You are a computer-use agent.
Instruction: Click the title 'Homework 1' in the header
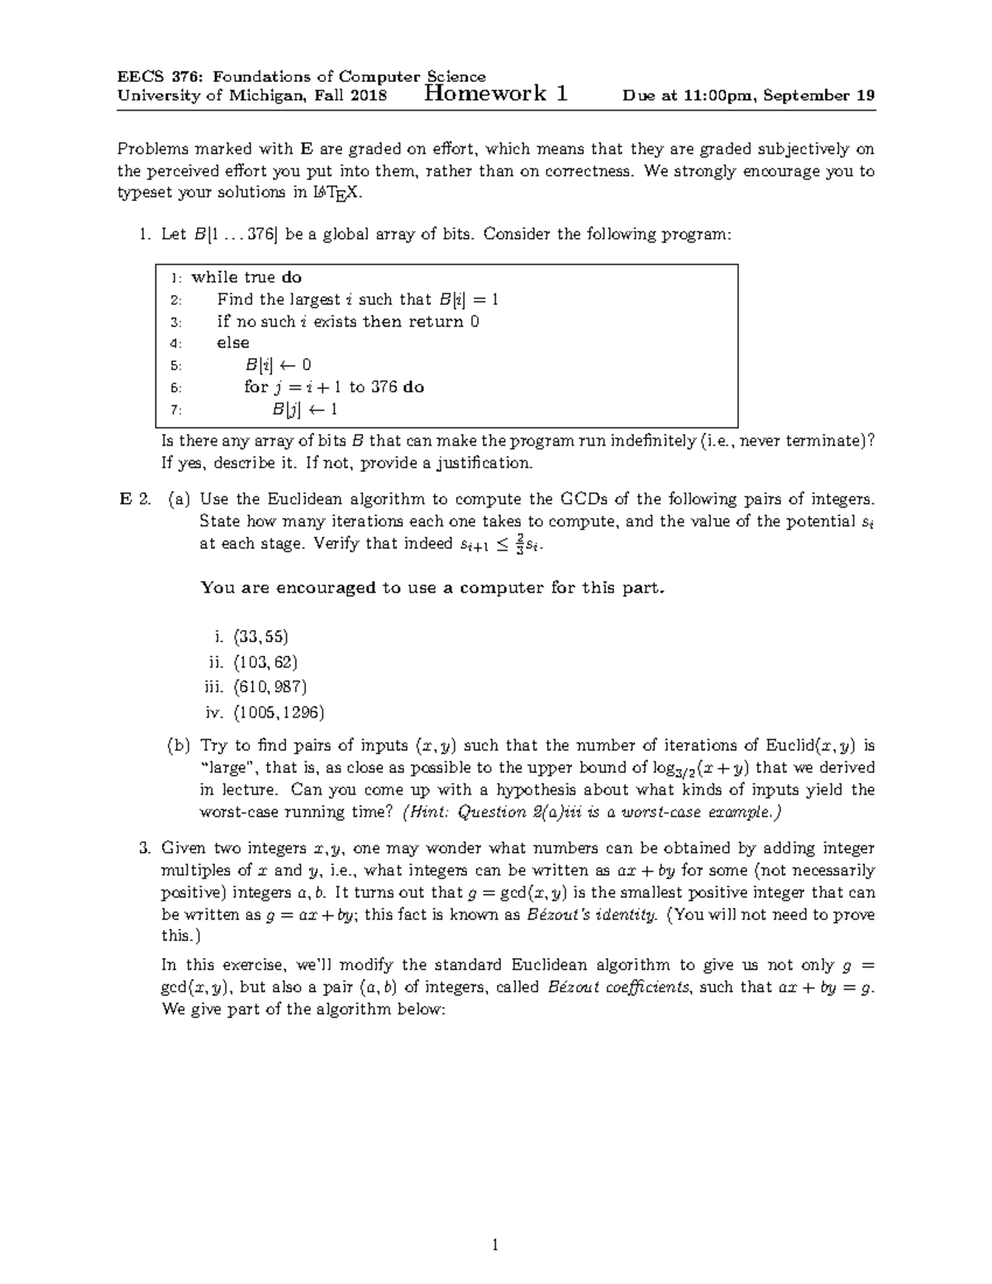pos(494,93)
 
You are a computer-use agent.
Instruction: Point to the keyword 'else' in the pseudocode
pos(232,343)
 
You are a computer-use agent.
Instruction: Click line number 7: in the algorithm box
pos(174,410)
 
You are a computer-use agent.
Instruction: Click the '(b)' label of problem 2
pos(179,746)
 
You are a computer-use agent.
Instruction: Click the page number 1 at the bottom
pos(495,1245)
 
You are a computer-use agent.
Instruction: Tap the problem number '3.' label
pos(145,848)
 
